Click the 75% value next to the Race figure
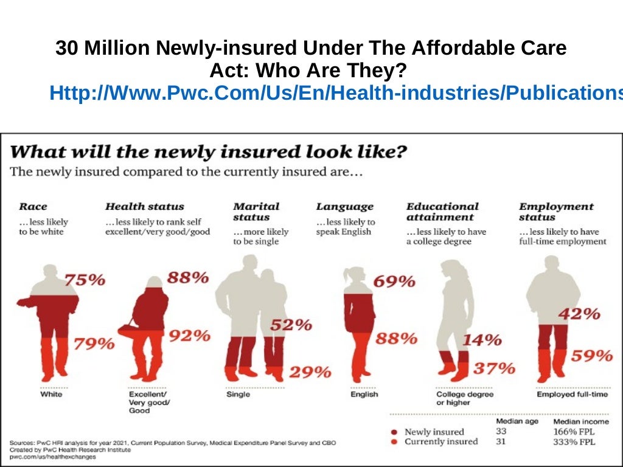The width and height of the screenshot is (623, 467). [85, 280]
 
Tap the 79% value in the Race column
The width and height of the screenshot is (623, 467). [94, 344]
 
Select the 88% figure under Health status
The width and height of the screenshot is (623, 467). [188, 277]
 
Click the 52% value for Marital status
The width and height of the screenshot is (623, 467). [291, 325]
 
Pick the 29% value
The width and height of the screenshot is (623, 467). [310, 372]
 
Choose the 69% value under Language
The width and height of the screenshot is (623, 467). [395, 282]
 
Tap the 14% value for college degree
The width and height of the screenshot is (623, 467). [481, 340]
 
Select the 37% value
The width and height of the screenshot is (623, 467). [495, 368]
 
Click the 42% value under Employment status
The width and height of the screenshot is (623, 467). [579, 314]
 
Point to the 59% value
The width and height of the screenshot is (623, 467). [591, 356]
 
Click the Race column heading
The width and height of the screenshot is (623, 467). [33, 207]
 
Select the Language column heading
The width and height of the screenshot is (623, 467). [344, 207]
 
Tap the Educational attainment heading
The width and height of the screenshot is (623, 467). [442, 212]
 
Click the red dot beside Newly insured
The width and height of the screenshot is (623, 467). [395, 432]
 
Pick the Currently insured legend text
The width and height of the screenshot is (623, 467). [441, 441]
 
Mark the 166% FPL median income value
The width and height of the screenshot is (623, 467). [574, 432]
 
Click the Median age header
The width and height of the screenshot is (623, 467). [517, 421]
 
